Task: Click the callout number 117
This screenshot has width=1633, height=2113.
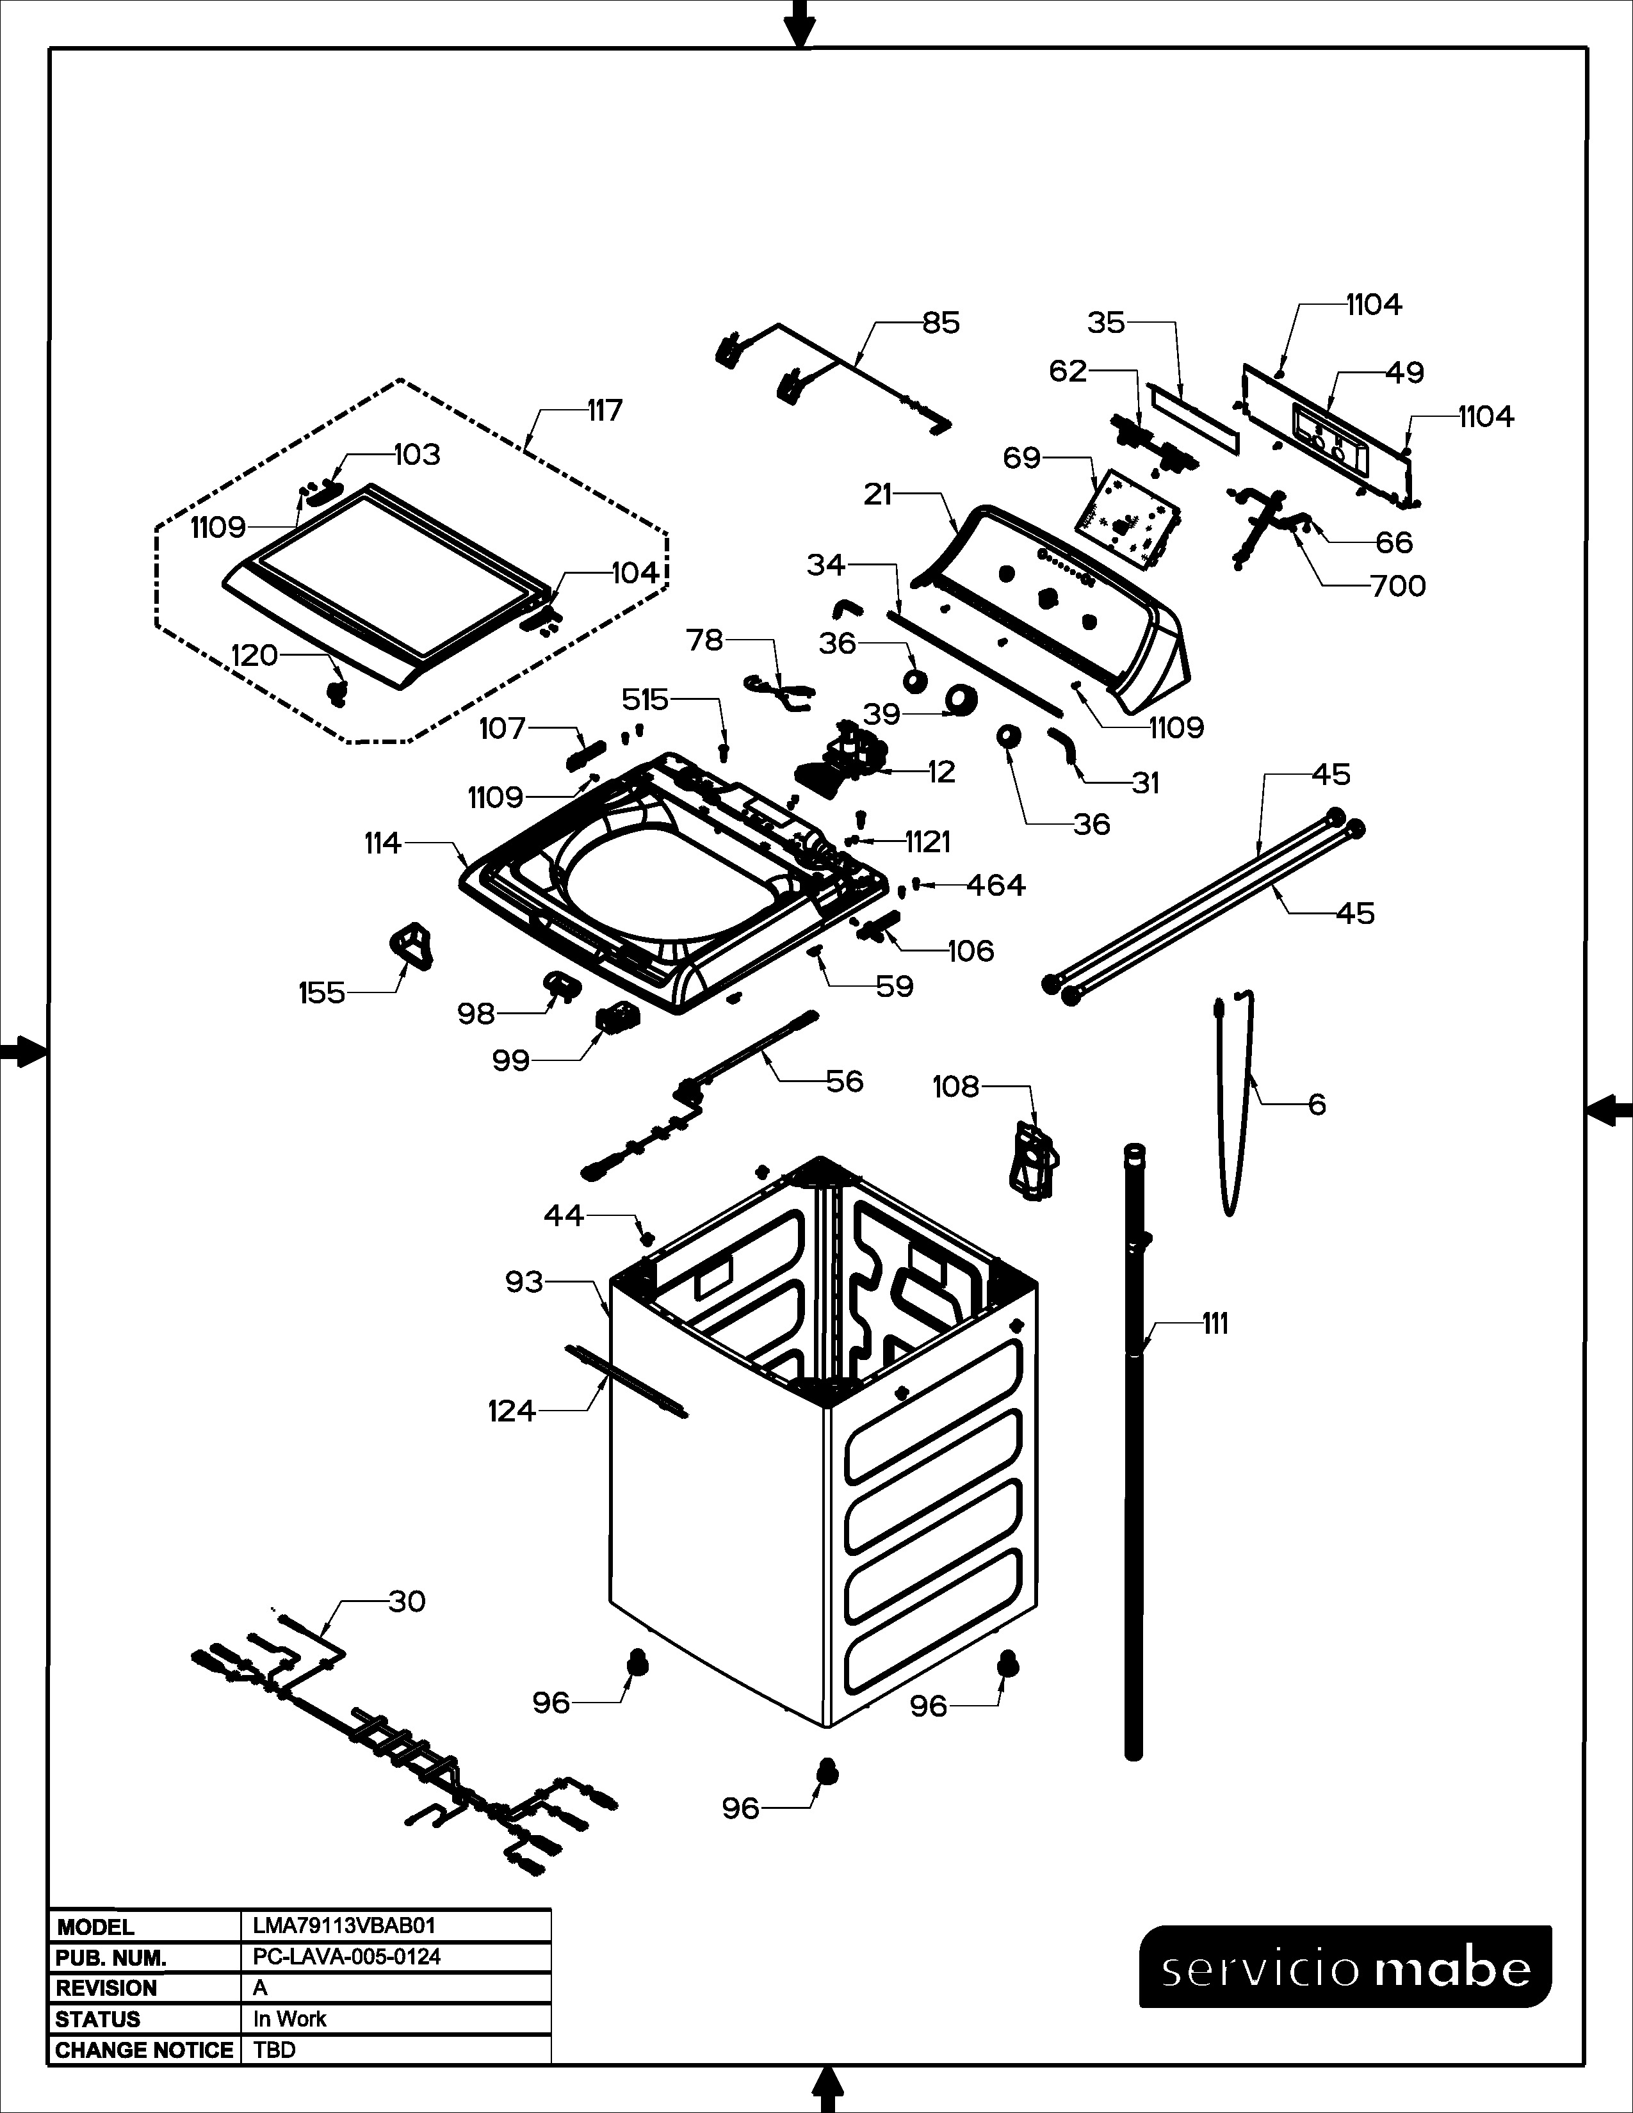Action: (605, 410)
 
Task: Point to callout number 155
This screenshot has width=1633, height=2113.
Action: (321, 992)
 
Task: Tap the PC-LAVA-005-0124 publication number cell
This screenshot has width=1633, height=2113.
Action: (346, 1956)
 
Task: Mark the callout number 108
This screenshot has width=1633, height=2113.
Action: (956, 1087)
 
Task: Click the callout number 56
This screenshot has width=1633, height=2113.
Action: (843, 1081)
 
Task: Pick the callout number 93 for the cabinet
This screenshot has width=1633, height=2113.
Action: (524, 1282)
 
